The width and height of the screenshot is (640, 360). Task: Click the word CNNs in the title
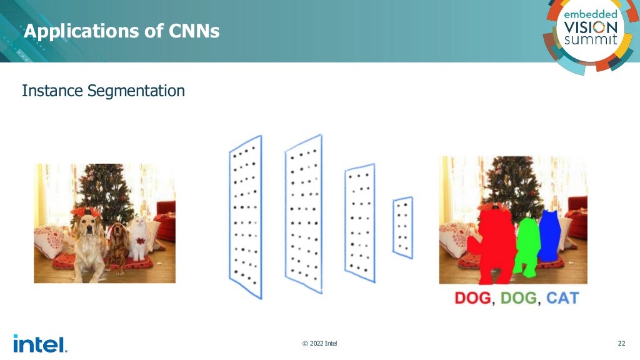194,31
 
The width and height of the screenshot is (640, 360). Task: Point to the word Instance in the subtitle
52,91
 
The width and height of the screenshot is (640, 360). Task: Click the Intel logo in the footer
39,343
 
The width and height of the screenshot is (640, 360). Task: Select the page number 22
621,343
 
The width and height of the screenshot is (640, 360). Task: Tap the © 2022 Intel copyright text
320,343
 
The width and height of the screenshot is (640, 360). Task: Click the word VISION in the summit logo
590,27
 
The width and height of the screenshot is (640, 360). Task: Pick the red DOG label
472,298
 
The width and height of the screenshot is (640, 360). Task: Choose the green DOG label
518,298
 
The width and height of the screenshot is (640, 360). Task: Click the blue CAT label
562,298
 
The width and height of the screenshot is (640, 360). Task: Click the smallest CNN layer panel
403,227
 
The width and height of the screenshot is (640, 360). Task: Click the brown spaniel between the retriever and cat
117,244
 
